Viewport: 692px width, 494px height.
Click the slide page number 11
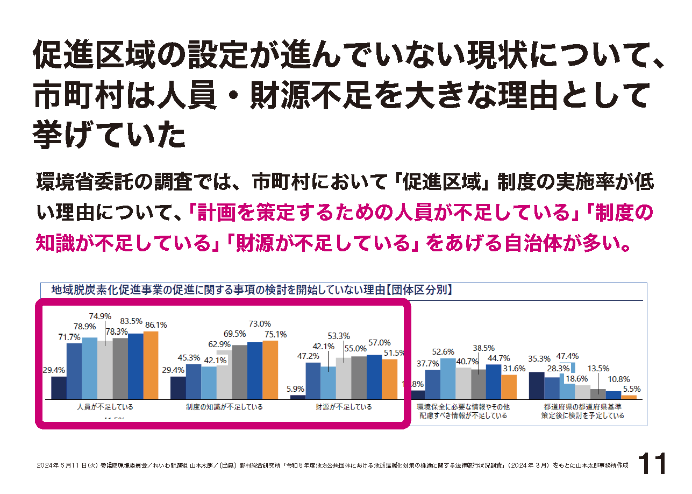[x=652, y=464]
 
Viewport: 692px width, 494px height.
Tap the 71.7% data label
[x=69, y=337]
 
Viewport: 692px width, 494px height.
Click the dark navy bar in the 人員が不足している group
[x=59, y=387]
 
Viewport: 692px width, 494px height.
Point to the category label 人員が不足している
[x=105, y=407]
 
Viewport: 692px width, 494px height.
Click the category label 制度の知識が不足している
[x=224, y=407]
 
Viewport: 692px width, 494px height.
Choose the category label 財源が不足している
[x=344, y=407]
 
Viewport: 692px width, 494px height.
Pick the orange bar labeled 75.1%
[x=270, y=370]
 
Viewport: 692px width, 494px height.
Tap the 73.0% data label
[x=260, y=324]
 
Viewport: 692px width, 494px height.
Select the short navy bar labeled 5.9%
[x=298, y=397]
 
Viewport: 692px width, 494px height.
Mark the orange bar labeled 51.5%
[x=389, y=379]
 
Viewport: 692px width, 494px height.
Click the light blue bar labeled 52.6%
[x=448, y=378]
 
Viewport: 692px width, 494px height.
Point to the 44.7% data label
[x=497, y=358]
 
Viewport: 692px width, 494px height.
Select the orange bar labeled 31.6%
[x=509, y=387]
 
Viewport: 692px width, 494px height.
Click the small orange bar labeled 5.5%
[x=629, y=397]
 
